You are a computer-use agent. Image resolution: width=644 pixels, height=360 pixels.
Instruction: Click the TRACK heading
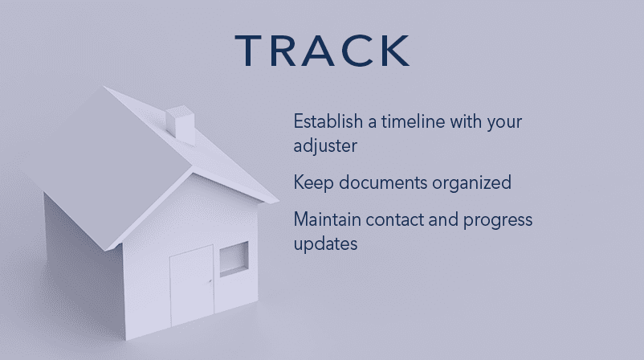[x=323, y=51]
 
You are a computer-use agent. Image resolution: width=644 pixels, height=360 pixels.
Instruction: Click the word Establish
[x=328, y=121]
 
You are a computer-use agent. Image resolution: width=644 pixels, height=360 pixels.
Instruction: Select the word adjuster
[x=325, y=146]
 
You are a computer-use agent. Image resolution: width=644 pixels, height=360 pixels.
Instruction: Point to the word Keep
[x=313, y=183]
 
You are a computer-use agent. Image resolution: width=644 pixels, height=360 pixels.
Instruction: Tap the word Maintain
[x=327, y=219]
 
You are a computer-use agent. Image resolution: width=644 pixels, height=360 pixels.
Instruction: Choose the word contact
[x=394, y=220]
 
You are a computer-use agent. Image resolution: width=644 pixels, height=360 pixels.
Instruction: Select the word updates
[x=325, y=244]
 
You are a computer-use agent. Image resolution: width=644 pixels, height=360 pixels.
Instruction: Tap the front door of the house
[x=192, y=285]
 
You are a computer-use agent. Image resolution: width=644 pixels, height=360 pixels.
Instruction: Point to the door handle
[x=210, y=282]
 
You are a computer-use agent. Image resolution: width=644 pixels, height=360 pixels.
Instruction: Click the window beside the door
[x=234, y=259]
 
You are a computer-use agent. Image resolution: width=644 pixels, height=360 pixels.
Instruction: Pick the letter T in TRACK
[x=248, y=51]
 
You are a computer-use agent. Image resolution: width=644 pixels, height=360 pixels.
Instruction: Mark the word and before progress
[x=443, y=220]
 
